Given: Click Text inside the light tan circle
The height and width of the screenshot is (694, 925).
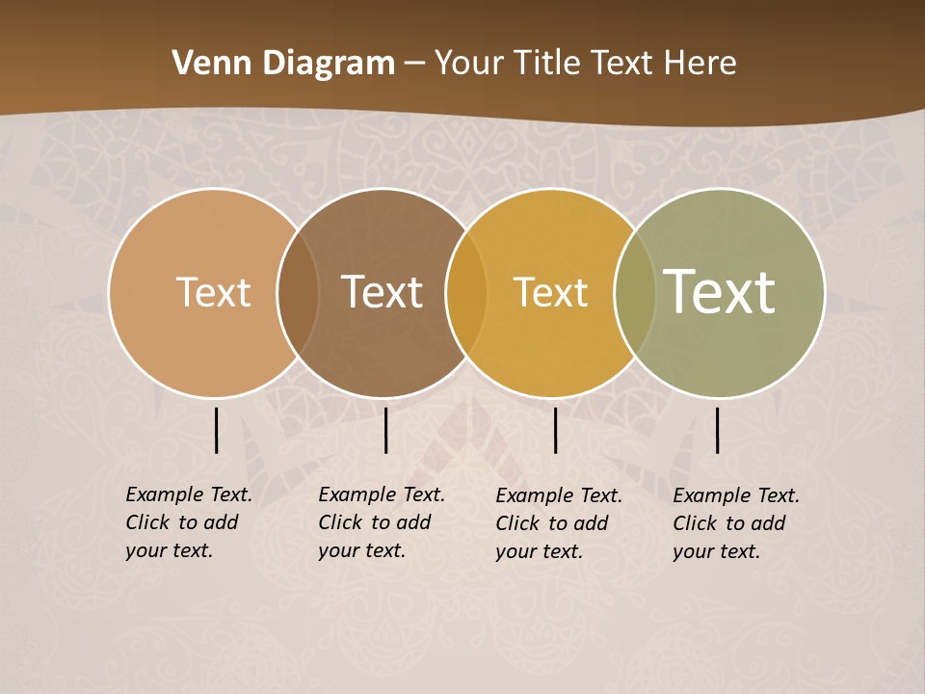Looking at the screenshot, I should pyautogui.click(x=213, y=292).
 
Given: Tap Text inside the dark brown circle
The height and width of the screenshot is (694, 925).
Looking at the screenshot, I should pyautogui.click(x=383, y=292).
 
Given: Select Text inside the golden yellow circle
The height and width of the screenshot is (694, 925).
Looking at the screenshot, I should pyautogui.click(x=550, y=292).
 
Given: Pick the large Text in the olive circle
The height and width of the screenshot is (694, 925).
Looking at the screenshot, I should pyautogui.click(x=719, y=292).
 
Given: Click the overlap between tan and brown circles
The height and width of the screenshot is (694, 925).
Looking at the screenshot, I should pyautogui.click(x=298, y=292).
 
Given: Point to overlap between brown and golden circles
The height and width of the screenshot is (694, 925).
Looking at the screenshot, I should pyautogui.click(x=466, y=292).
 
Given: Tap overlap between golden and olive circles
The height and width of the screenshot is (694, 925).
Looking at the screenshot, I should pyautogui.click(x=635, y=292).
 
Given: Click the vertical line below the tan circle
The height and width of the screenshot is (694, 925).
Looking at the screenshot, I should pyautogui.click(x=216, y=430).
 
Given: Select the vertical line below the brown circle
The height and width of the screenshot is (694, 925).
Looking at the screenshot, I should pyautogui.click(x=385, y=430).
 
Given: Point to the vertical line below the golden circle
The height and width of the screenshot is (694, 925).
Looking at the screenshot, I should pyautogui.click(x=555, y=430).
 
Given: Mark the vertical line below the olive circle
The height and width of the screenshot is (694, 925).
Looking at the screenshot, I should pyautogui.click(x=717, y=430).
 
